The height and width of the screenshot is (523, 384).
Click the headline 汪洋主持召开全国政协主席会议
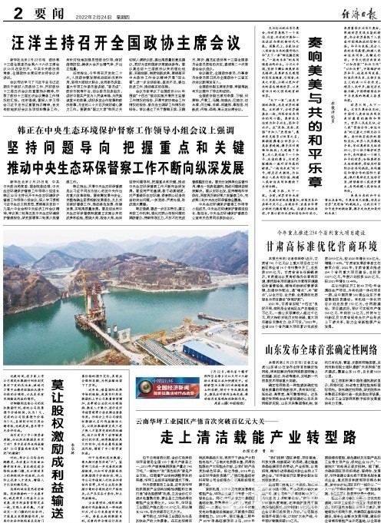coord(127,37)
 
